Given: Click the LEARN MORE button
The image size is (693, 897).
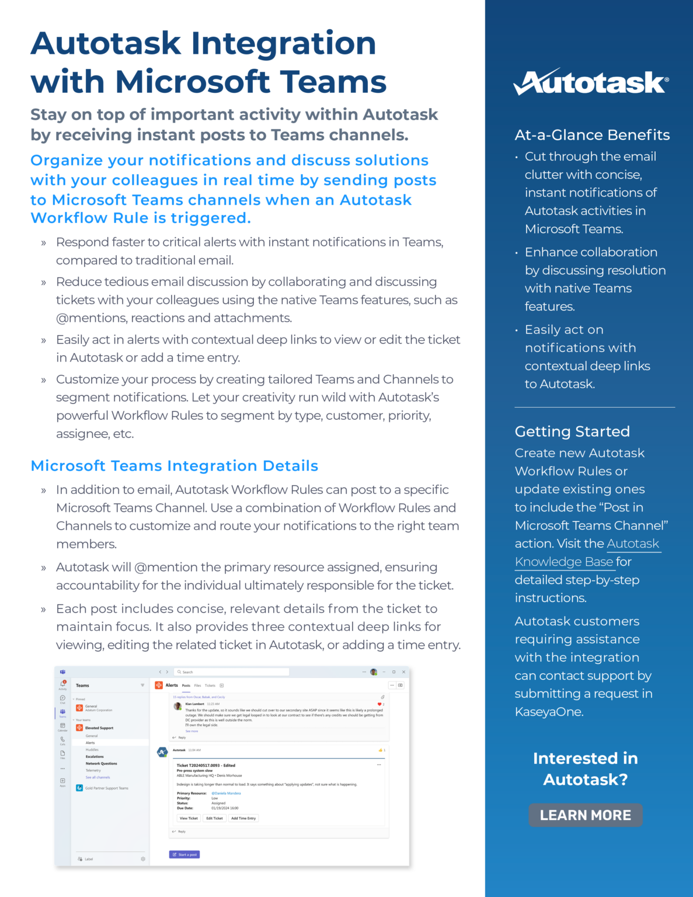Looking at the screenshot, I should (585, 815).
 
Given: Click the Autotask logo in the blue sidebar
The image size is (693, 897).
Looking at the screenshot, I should (591, 82).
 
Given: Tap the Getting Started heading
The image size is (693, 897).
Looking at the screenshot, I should (572, 432).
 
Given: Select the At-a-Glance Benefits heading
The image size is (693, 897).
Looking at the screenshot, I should (592, 135).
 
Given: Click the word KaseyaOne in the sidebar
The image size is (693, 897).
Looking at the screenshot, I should (548, 712).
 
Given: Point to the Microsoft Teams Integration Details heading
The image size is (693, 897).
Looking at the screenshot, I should (174, 466).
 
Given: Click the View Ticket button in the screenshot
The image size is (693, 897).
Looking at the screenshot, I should (189, 818).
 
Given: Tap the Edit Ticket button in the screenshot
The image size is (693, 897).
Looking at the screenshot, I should (214, 818).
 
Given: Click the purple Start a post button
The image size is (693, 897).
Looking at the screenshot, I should (184, 854).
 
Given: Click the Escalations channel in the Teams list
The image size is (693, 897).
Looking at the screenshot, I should (95, 757).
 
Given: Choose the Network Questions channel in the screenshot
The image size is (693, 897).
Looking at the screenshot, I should (102, 764).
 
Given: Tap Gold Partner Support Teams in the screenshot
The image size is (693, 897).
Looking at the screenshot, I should (106, 788).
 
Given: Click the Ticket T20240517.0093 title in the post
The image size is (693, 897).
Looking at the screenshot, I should (206, 765).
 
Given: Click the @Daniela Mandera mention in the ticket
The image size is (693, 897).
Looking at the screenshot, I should (226, 793).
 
